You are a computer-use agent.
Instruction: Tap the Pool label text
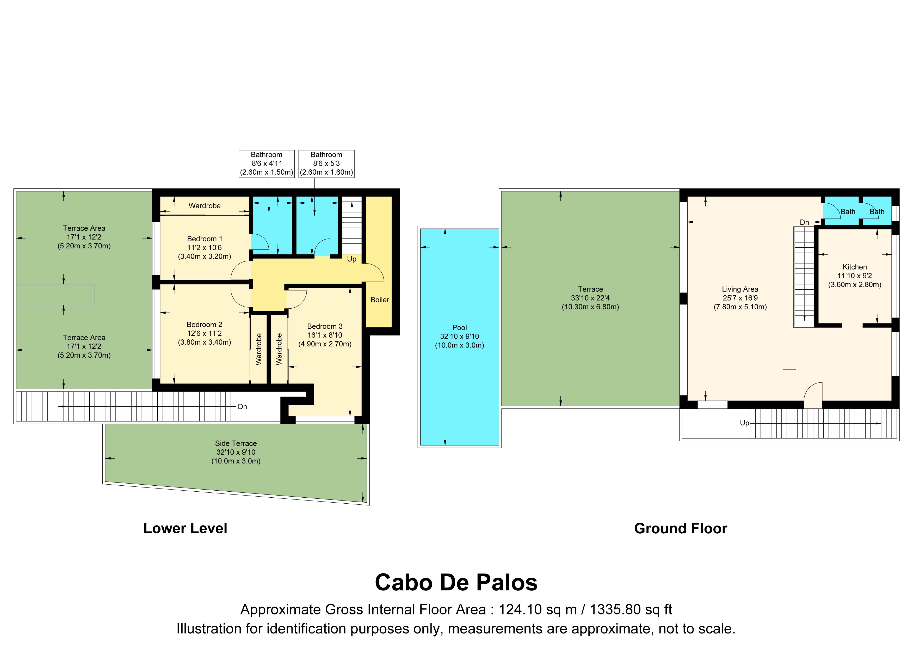pyautogui.click(x=459, y=327)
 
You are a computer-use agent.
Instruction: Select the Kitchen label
pyautogui.click(x=855, y=267)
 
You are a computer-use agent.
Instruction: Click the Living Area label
pyautogui.click(x=740, y=289)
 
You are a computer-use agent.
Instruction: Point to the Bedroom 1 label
pyautogui.click(x=205, y=239)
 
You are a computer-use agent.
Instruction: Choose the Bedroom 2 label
pyautogui.click(x=204, y=325)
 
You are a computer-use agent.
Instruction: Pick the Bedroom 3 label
pyautogui.click(x=325, y=326)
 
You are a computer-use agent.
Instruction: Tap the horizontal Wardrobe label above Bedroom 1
pyautogui.click(x=205, y=206)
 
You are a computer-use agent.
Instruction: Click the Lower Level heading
pyautogui.click(x=185, y=528)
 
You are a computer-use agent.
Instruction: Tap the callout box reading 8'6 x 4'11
pyautogui.click(x=267, y=164)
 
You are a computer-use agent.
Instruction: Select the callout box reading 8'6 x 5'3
pyautogui.click(x=326, y=164)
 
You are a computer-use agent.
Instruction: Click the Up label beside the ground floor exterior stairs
pyautogui.click(x=744, y=423)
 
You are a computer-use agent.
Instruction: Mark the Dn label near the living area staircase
pyautogui.click(x=805, y=222)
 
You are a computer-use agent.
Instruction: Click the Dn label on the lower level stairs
pyautogui.click(x=242, y=406)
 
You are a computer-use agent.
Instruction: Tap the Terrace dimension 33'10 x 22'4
pyautogui.click(x=590, y=298)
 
